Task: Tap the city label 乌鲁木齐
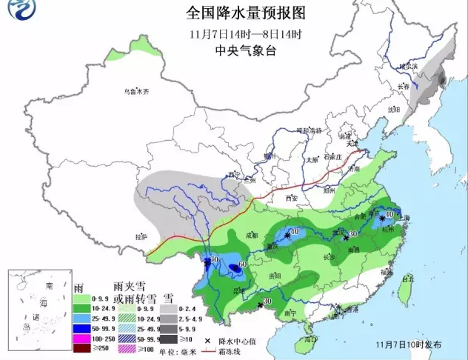click(x=136, y=92)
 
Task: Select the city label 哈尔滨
click(x=409, y=67)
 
